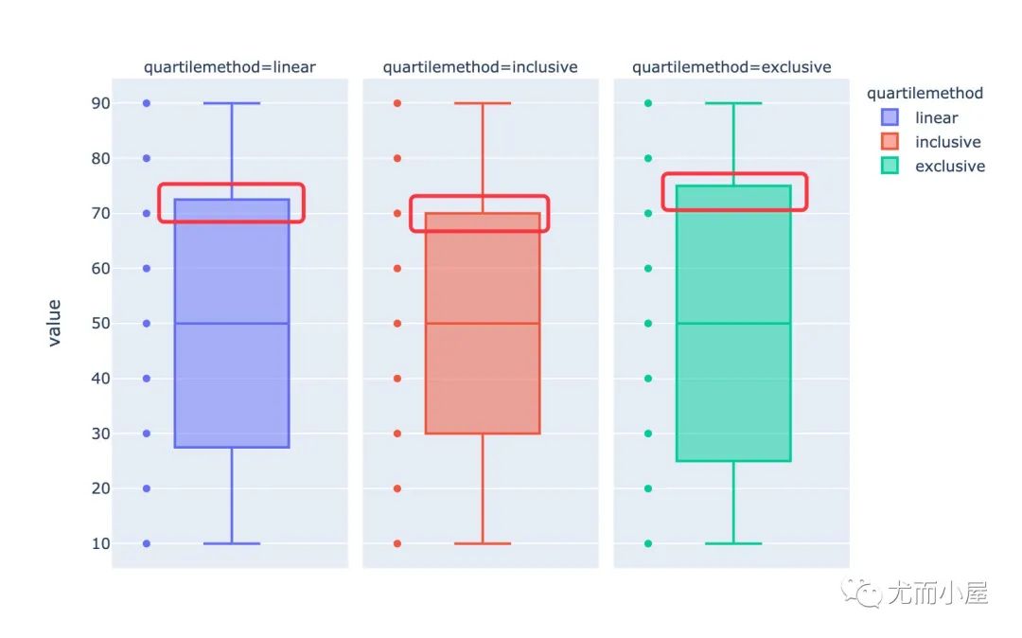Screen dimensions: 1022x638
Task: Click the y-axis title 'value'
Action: [x=54, y=323]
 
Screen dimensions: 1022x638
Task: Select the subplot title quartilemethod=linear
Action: [x=230, y=67]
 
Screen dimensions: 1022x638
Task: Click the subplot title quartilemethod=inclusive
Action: [x=480, y=67]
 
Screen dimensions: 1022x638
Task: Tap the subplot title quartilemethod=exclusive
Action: [x=731, y=67]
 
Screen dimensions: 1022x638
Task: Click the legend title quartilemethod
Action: [x=925, y=93]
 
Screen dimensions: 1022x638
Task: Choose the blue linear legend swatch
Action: [x=890, y=118]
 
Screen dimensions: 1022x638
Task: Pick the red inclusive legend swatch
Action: [x=890, y=142]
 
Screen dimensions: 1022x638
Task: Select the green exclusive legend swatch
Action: [x=890, y=167]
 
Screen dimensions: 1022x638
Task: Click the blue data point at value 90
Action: [x=147, y=103]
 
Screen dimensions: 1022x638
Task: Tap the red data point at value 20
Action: [x=397, y=488]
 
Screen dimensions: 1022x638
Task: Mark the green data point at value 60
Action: [x=648, y=269]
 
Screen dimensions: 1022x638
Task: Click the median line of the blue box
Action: [x=232, y=324]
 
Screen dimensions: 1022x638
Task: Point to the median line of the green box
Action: [x=733, y=324]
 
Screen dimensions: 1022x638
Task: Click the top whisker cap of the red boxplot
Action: [x=483, y=103]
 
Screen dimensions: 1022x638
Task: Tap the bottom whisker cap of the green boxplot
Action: [x=733, y=543]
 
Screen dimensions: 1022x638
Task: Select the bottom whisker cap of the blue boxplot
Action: [x=232, y=543]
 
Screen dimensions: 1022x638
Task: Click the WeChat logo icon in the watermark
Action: [x=866, y=594]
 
